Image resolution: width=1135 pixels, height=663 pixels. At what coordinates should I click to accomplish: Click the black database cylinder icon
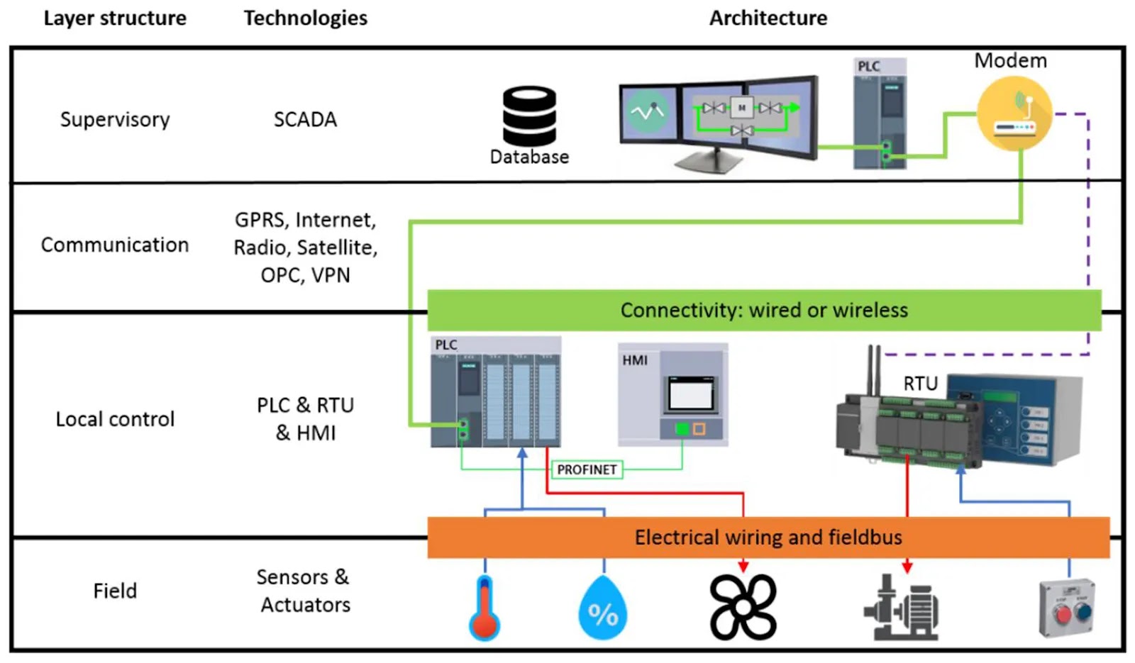click(529, 116)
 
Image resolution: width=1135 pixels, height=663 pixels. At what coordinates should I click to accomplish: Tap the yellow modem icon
click(1014, 114)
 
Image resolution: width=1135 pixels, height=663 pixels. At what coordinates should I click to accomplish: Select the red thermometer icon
click(485, 608)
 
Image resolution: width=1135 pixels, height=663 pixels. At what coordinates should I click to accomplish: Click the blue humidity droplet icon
click(602, 608)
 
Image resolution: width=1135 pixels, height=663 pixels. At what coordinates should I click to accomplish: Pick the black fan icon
click(743, 607)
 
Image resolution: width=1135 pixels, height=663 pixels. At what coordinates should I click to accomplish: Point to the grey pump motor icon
click(902, 608)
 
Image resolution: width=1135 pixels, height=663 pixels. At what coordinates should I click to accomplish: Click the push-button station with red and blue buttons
click(1067, 608)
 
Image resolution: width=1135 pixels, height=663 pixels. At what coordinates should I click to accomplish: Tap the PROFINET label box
click(587, 469)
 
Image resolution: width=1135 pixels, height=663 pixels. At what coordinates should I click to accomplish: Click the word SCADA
click(305, 119)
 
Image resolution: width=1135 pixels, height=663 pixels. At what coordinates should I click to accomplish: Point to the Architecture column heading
click(768, 18)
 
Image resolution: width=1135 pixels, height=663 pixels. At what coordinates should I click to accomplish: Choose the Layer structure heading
click(115, 18)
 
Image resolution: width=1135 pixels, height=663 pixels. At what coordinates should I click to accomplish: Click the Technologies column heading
click(306, 18)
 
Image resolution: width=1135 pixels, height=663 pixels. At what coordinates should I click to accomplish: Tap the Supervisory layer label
click(115, 119)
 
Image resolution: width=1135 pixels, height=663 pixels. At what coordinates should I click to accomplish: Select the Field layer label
click(115, 591)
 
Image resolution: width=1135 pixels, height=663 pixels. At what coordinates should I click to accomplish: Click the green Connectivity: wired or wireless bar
click(764, 310)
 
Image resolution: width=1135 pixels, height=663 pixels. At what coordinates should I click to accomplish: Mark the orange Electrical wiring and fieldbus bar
click(768, 537)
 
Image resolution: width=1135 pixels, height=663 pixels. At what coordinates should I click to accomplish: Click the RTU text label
click(920, 384)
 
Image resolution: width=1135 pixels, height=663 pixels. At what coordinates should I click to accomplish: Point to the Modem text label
click(1010, 60)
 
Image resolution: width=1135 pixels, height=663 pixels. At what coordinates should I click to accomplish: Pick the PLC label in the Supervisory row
click(869, 66)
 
